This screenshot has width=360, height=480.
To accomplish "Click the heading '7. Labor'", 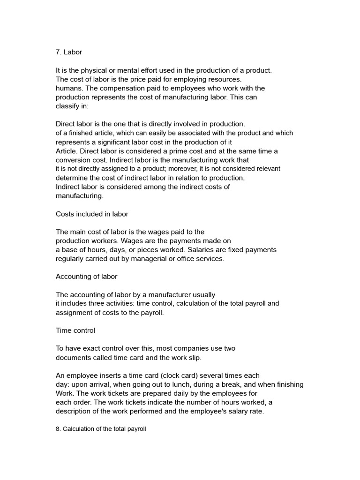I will click(69, 52).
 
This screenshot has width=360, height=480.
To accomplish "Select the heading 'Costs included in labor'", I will click(92, 214).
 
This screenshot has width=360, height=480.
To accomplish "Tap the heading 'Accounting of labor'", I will click(86, 277).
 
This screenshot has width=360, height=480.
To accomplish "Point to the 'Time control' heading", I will click(75, 330).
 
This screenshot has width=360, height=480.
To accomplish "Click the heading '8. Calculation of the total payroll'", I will click(101, 428).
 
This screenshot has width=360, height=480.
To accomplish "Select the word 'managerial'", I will click(148, 259).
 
